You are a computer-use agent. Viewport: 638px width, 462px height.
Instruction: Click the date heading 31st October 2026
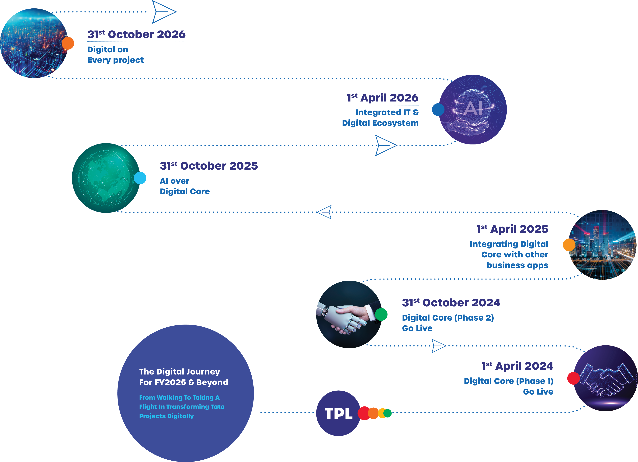click(136, 34)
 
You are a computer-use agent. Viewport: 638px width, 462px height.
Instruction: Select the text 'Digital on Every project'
click(115, 55)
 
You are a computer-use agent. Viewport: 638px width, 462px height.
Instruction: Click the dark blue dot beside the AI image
click(438, 109)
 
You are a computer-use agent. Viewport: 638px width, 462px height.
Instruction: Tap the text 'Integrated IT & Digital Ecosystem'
click(380, 118)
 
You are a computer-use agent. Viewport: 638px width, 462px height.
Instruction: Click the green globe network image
click(105, 178)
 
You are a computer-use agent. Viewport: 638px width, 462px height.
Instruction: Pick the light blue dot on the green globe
click(140, 178)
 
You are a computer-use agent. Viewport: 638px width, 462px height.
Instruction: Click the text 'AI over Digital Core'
click(184, 186)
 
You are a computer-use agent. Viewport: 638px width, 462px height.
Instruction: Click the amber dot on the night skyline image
click(569, 245)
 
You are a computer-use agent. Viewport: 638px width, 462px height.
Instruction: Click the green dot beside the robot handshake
click(381, 314)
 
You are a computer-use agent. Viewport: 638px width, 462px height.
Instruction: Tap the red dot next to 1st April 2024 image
click(573, 378)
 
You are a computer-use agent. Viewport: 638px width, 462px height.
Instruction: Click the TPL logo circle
click(338, 413)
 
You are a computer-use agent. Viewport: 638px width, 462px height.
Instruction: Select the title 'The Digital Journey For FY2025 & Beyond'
click(183, 377)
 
